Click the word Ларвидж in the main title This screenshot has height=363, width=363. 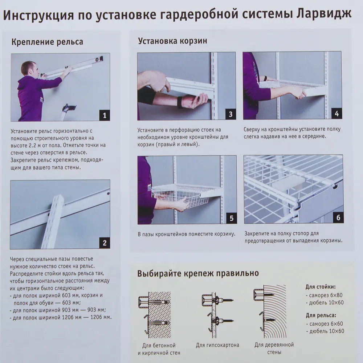(x=325, y=15)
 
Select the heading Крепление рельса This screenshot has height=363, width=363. (x=47, y=42)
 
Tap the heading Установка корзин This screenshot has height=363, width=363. (x=172, y=41)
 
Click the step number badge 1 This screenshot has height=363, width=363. (x=105, y=116)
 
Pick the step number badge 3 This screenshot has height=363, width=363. (x=231, y=114)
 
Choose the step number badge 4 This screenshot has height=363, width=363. (x=336, y=114)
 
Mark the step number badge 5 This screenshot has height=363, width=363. (x=231, y=219)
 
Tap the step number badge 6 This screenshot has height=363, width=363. (x=338, y=218)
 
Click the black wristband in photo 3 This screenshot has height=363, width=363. (x=180, y=102)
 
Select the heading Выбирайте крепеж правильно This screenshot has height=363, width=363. (x=198, y=273)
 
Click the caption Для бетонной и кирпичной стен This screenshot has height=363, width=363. (x=159, y=349)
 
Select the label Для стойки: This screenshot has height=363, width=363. (x=321, y=287)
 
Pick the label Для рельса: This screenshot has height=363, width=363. (x=321, y=315)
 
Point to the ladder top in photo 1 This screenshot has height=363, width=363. (x=70, y=107)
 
